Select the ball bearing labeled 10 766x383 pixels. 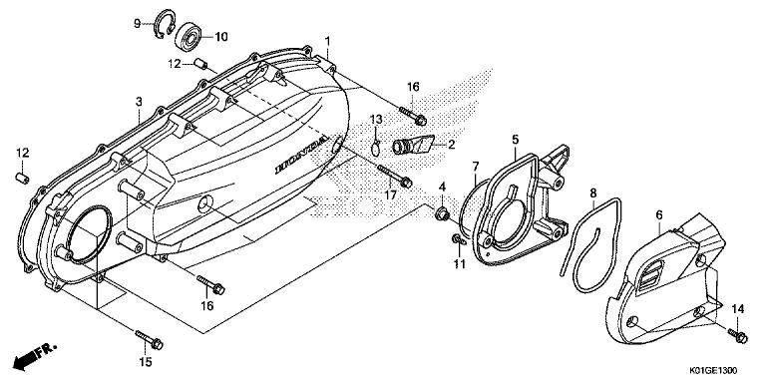point(189,37)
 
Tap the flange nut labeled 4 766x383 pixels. point(442,214)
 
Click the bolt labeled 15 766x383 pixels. point(149,339)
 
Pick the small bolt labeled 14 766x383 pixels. point(738,335)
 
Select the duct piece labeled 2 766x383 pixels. point(413,144)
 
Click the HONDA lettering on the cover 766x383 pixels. point(301,156)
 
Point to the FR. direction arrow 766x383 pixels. point(35,355)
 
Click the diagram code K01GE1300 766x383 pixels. point(713,371)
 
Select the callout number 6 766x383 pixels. point(659,214)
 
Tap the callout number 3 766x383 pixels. point(140,102)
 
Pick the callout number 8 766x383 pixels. point(593,192)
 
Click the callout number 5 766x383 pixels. point(516,140)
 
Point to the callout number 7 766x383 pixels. point(476,167)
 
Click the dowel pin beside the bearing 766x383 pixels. point(200,64)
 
